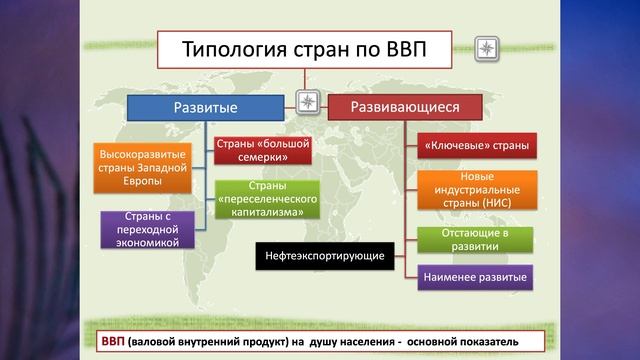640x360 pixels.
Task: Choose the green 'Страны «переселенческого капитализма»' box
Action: [x=267, y=199]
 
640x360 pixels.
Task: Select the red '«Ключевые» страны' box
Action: [x=476, y=146]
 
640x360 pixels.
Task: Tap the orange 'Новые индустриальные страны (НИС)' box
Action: [x=476, y=189]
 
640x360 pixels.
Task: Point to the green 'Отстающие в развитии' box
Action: [x=476, y=240]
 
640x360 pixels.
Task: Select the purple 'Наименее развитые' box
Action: [x=476, y=276]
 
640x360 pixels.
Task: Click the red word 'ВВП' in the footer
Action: [x=113, y=342]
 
